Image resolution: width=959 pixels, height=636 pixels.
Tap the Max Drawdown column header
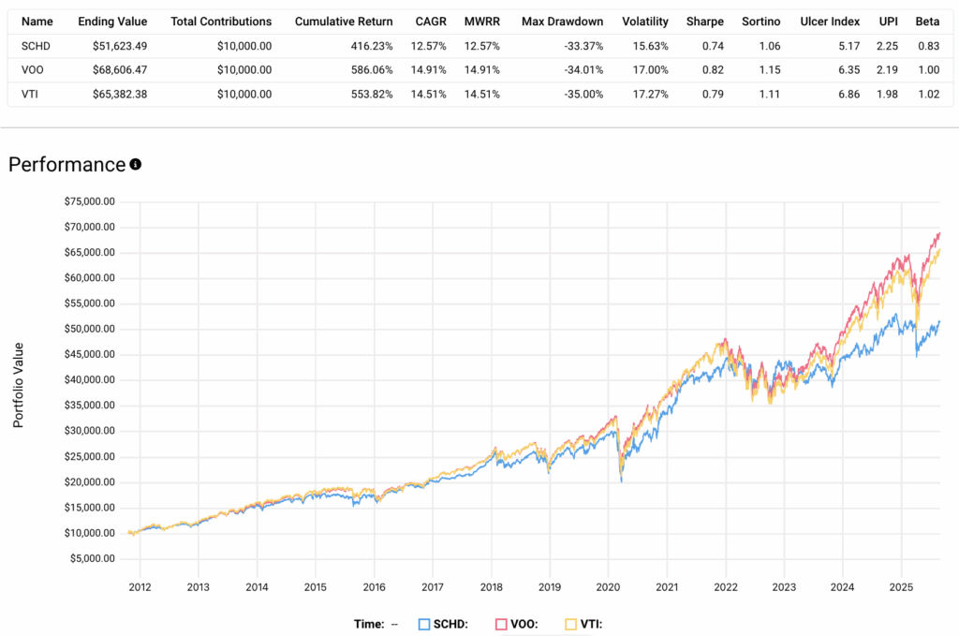pos(562,21)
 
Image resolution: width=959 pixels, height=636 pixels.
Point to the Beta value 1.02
pos(927,94)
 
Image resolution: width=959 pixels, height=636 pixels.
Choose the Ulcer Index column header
pos(831,21)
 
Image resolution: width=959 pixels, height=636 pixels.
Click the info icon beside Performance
pos(136,165)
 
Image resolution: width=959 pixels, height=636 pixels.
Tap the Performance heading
pos(66,165)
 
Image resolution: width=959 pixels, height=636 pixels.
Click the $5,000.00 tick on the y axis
pos(88,558)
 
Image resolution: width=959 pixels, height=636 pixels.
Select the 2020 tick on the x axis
pos(609,588)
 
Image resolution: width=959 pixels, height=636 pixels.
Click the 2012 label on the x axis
pos(140,588)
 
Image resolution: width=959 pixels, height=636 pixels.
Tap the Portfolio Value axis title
pos(19,385)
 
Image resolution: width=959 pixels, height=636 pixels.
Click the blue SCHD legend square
pos(424,624)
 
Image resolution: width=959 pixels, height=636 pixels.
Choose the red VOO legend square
pos(502,624)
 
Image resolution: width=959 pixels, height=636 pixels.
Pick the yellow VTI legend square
pos(572,624)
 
